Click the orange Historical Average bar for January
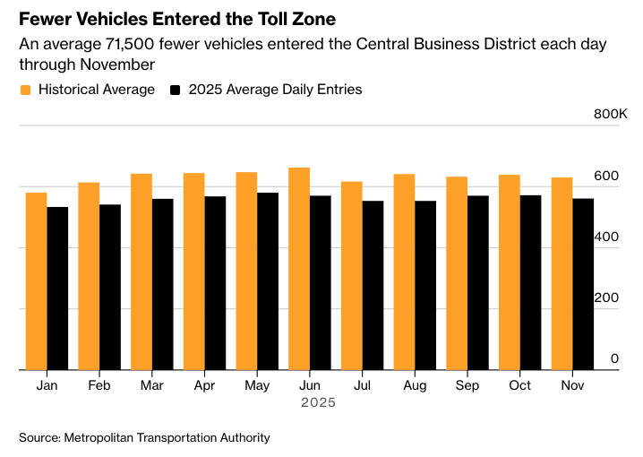[x=37, y=281]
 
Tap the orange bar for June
[x=299, y=269]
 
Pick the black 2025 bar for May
[x=268, y=281]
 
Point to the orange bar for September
[x=457, y=273]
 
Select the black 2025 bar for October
[x=530, y=282]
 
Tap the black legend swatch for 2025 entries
[x=176, y=90]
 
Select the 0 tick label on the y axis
[x=614, y=358]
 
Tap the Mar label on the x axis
[x=152, y=385]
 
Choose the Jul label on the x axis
[x=362, y=385]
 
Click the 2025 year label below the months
[x=318, y=403]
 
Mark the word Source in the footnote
[x=39, y=437]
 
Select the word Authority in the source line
[x=242, y=437]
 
